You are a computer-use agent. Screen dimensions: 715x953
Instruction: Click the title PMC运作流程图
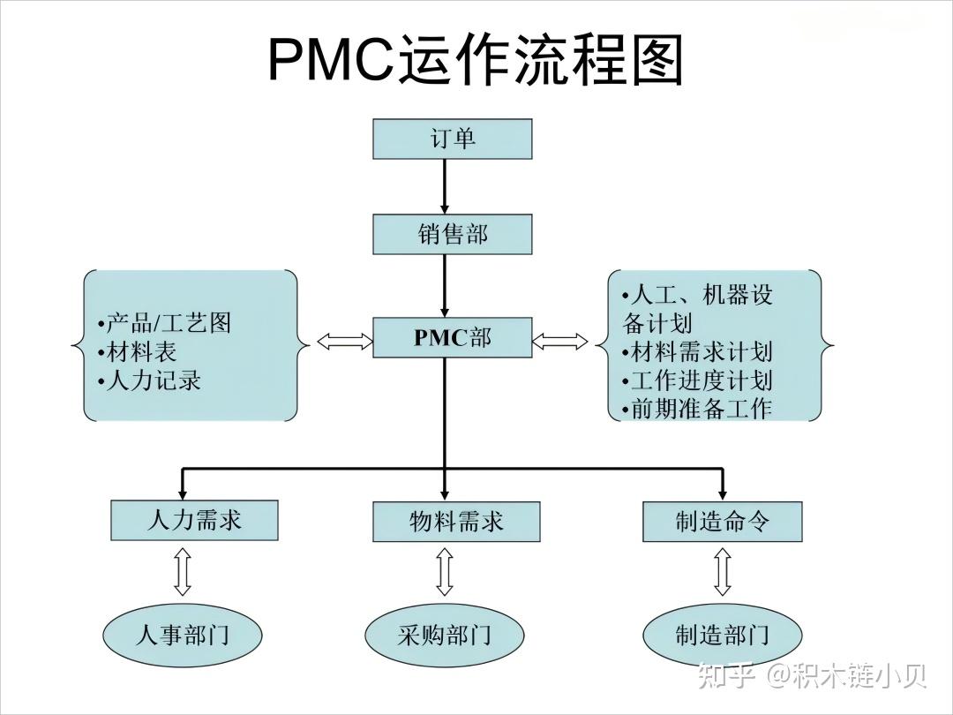click(x=476, y=60)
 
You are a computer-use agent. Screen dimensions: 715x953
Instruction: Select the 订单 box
click(x=452, y=139)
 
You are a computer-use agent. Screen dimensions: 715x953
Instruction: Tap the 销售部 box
click(x=452, y=234)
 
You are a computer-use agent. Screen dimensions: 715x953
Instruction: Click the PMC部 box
click(x=452, y=338)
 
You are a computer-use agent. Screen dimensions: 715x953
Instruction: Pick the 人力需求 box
click(x=194, y=520)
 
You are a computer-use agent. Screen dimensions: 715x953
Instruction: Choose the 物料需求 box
click(x=455, y=521)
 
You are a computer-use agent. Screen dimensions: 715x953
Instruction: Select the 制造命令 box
click(x=722, y=521)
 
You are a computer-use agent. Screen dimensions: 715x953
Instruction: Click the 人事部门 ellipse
click(x=183, y=634)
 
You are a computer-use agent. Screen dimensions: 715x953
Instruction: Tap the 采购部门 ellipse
click(x=445, y=634)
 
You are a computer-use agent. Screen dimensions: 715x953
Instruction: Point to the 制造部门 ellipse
click(x=722, y=634)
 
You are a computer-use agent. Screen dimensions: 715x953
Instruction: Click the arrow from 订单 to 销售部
click(x=445, y=186)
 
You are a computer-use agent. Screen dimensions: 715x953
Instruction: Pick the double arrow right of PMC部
click(x=559, y=341)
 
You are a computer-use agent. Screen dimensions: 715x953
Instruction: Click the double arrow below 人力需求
click(x=183, y=572)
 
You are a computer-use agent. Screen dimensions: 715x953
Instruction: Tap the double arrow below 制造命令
click(x=722, y=572)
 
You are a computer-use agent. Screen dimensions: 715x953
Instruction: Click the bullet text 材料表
click(x=141, y=352)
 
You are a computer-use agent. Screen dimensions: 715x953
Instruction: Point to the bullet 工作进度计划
click(x=697, y=380)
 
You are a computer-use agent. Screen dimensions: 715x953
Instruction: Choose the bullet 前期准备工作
click(x=697, y=409)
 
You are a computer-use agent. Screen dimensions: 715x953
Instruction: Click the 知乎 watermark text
click(x=725, y=676)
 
